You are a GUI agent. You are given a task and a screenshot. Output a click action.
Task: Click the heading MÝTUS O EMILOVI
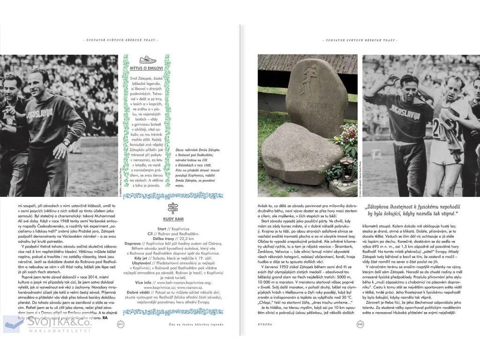coord(147,68)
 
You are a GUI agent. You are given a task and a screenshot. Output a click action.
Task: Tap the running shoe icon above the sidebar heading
coord(147,60)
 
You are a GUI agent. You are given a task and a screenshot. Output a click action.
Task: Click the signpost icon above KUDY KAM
coord(172,208)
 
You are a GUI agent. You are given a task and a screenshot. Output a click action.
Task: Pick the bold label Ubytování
coord(135,263)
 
